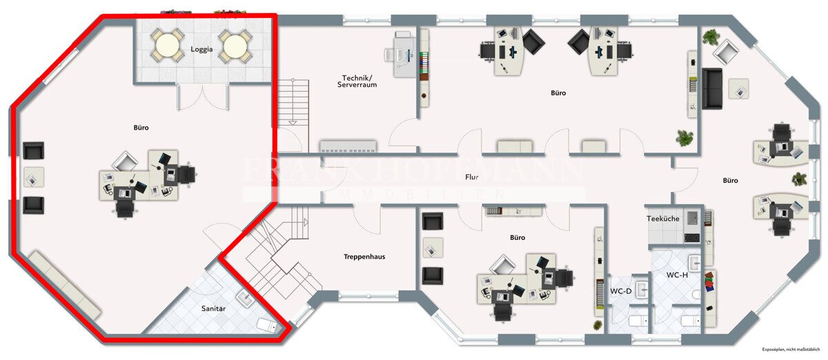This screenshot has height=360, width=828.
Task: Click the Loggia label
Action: click(x=201, y=49)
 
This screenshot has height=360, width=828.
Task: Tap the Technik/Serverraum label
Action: click(x=357, y=81)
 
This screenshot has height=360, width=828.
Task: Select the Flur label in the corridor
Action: click(x=472, y=177)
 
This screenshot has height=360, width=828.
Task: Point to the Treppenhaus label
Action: click(x=364, y=257)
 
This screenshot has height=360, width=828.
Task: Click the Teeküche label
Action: click(x=663, y=219)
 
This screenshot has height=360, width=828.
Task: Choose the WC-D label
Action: click(x=620, y=291)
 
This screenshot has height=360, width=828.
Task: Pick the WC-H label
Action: click(x=677, y=275)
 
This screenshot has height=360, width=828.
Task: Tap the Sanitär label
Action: click(x=213, y=308)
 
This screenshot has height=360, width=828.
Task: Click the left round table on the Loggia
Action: click(x=168, y=46)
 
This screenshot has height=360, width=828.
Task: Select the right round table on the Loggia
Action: click(x=235, y=46)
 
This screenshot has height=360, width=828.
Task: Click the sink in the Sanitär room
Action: click(x=244, y=299)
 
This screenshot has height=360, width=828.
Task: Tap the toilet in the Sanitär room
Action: click(x=266, y=325)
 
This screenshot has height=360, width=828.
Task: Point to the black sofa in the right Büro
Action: click(x=712, y=89)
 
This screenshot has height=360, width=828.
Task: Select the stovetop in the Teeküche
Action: click(x=691, y=238)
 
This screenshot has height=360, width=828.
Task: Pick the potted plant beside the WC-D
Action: click(x=598, y=326)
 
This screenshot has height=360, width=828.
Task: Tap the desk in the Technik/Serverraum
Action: click(x=402, y=54)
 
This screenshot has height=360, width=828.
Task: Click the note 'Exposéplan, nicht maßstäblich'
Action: click(x=791, y=349)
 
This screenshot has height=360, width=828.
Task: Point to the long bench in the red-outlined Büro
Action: click(x=64, y=285)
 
